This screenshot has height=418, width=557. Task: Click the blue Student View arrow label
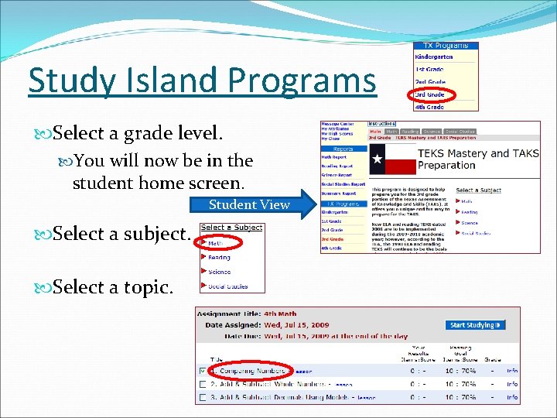[249, 204]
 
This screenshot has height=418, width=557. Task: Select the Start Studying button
[476, 325]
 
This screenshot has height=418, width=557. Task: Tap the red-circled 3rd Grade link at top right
[430, 94]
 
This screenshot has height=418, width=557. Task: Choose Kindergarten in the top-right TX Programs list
[433, 57]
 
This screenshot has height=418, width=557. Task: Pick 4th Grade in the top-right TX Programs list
[430, 106]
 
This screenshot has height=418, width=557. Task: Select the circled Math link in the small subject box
[214, 243]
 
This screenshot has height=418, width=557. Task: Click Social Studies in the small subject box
[228, 286]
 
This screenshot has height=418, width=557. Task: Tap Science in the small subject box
[220, 272]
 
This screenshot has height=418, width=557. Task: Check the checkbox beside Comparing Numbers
[203, 371]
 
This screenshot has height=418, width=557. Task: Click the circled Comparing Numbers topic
[255, 371]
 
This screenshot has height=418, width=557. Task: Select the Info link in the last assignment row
[512, 397]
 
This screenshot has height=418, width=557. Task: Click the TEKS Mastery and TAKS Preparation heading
[468, 159]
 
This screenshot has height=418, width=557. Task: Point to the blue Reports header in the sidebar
[343, 149]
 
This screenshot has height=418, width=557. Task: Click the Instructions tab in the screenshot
[381, 124]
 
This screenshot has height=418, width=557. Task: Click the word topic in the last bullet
[147, 287]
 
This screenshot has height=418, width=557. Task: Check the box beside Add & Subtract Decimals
[203, 397]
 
